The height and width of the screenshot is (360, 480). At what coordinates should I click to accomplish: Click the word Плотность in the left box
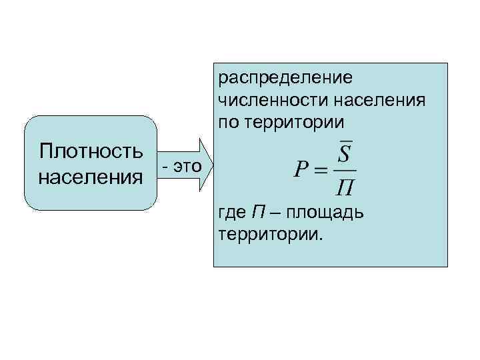[x=91, y=151]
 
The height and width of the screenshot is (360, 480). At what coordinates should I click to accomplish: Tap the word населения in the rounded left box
[x=91, y=178]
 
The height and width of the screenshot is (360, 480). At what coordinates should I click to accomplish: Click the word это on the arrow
[x=187, y=166]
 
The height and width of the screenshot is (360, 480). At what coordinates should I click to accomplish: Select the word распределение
[x=285, y=78]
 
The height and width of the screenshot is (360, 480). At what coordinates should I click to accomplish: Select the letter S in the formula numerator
[x=345, y=155]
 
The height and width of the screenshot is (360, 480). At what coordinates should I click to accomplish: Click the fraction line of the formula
[x=345, y=171]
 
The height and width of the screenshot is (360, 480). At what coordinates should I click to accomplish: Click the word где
[x=232, y=214]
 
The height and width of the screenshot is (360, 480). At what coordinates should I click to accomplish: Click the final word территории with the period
[x=269, y=235]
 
